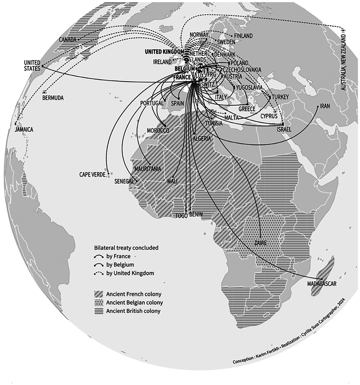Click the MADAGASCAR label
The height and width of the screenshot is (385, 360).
[x=321, y=284]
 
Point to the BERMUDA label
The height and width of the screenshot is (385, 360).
[x=53, y=98]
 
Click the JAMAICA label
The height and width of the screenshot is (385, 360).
[x=22, y=129]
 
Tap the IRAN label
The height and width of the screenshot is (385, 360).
[x=325, y=106]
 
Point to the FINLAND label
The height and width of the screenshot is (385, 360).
[x=243, y=36]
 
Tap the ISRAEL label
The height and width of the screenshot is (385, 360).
[x=284, y=129]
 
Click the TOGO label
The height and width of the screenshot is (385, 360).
[x=181, y=216]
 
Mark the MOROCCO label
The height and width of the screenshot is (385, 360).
[x=158, y=131]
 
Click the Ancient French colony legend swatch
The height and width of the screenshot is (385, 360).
[x=99, y=293]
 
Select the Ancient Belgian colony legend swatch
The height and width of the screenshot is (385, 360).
[x=99, y=303]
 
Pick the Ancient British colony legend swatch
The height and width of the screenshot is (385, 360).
[x=99, y=312]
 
